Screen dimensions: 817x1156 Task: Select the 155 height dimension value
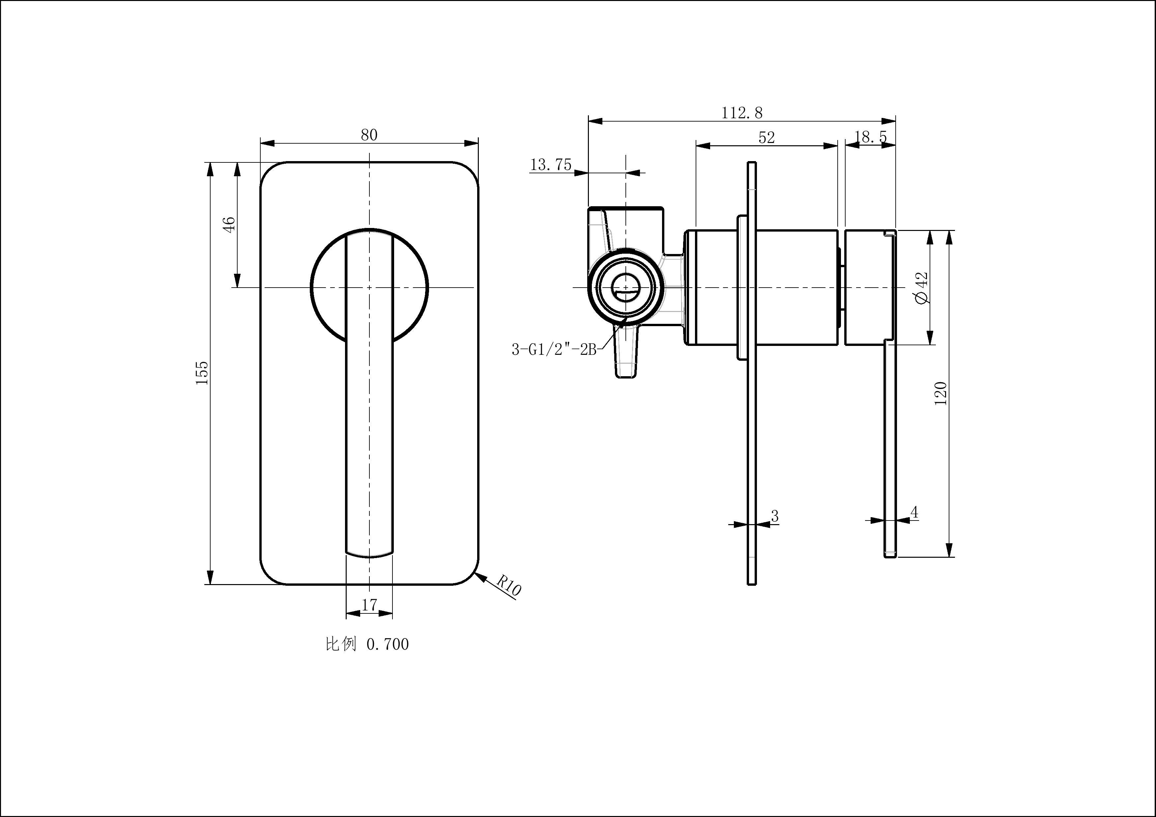click(202, 373)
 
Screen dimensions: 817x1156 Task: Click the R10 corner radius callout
click(508, 586)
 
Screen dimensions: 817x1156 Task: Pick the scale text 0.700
click(387, 644)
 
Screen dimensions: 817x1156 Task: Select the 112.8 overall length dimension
click(742, 113)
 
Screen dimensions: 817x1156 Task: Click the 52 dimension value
click(766, 137)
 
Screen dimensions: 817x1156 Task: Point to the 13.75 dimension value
click(551, 165)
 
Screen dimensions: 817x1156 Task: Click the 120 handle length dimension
click(940, 394)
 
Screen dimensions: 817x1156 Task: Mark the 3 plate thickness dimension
click(775, 516)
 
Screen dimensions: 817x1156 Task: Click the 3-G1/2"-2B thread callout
click(554, 349)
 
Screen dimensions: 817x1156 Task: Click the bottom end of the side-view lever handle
click(890, 555)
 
